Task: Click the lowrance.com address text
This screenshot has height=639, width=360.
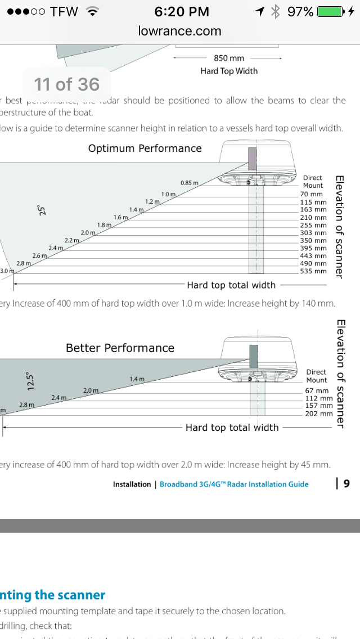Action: [x=180, y=31]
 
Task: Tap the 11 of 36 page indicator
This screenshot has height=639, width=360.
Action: [x=66, y=84]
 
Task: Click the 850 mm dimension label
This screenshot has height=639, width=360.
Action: [x=228, y=58]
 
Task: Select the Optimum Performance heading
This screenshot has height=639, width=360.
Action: [x=145, y=148]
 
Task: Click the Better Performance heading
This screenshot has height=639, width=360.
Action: [x=120, y=348]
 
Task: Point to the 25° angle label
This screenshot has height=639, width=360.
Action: [x=41, y=211]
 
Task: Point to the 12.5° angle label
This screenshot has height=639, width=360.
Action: [x=31, y=380]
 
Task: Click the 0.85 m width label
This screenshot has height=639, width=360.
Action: [x=190, y=183]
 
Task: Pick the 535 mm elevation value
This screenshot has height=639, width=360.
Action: [x=313, y=271]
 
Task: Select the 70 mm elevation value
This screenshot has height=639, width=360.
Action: [x=312, y=194]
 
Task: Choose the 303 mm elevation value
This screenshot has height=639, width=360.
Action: [x=313, y=233]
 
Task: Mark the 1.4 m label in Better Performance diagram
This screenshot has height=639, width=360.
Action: [x=137, y=379]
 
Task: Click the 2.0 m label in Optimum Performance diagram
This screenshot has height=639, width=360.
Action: [x=88, y=232]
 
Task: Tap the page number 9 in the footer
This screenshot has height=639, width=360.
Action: [x=346, y=483]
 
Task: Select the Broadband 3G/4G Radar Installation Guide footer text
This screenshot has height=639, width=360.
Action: [x=234, y=484]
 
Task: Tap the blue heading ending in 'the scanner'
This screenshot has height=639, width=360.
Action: [x=53, y=595]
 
